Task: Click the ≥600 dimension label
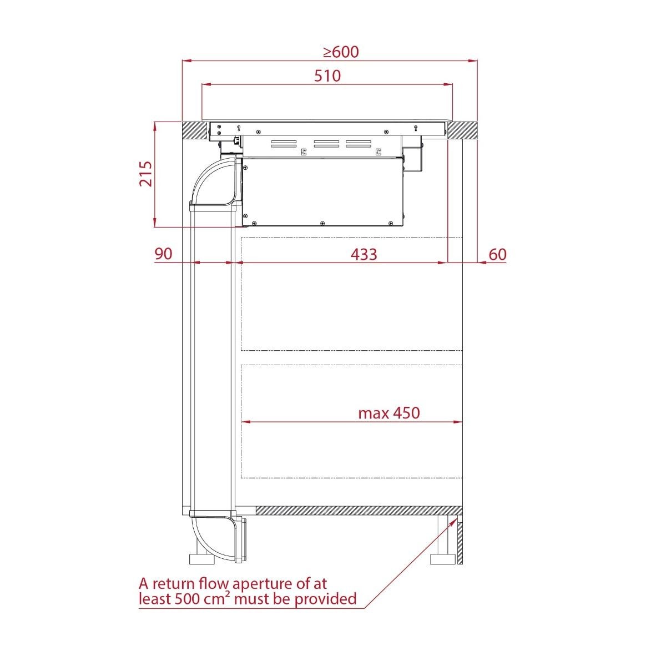click(x=341, y=52)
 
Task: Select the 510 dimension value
click(x=327, y=76)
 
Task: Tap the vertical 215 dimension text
click(x=145, y=174)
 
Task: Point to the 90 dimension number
click(x=164, y=254)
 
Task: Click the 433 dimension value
click(x=364, y=254)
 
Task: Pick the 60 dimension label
click(x=497, y=254)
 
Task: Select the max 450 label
click(x=389, y=413)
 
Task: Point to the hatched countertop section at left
click(x=194, y=130)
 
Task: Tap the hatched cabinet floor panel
click(x=358, y=511)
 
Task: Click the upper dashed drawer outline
click(x=351, y=294)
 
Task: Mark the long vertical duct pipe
click(x=211, y=355)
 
